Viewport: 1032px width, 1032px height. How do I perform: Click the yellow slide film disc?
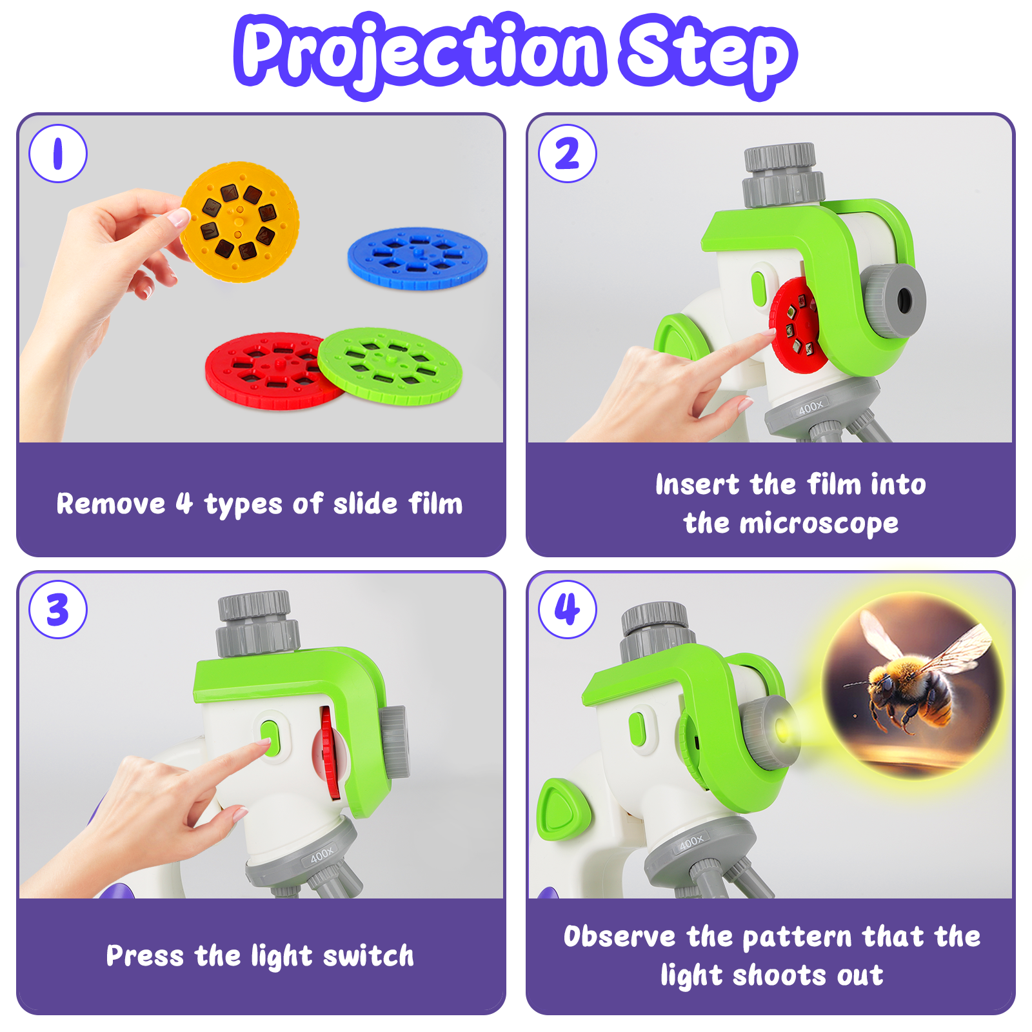tap(240, 221)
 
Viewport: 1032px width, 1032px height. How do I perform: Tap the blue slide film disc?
tap(417, 257)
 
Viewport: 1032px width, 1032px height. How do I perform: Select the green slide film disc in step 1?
tap(390, 366)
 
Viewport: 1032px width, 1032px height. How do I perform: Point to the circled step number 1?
tap(58, 154)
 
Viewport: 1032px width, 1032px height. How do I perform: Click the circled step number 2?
tap(568, 154)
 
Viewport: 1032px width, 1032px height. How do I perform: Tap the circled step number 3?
tap(58, 610)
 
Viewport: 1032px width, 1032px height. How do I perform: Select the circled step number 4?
tap(568, 610)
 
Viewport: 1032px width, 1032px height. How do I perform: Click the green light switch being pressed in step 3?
tap(270, 739)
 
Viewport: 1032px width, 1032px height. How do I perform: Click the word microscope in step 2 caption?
tap(819, 524)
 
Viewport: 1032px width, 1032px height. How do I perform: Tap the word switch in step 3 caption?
tap(368, 956)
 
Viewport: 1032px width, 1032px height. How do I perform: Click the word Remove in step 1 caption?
tap(111, 504)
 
